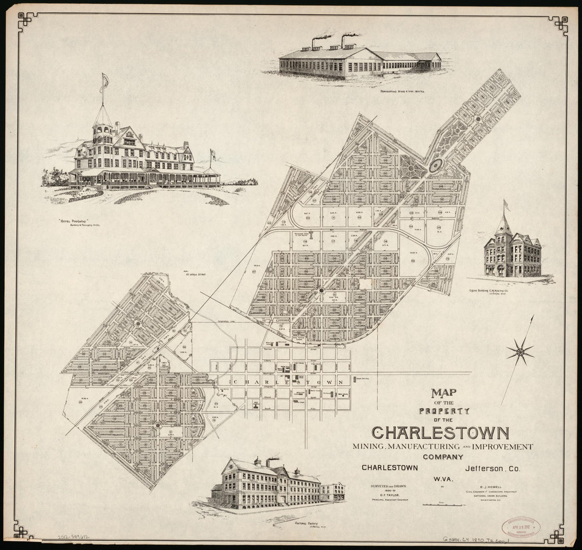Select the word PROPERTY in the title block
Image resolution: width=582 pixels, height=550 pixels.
click(444, 411)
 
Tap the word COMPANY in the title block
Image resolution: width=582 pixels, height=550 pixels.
click(443, 457)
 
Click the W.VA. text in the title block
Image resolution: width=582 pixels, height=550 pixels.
click(443, 480)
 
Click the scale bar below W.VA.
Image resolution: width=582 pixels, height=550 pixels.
click(443, 504)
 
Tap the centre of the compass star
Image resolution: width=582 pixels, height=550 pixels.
click(520, 352)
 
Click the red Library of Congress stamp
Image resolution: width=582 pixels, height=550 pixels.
click(521, 527)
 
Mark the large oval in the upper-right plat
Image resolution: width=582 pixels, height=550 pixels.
click(436, 165)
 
